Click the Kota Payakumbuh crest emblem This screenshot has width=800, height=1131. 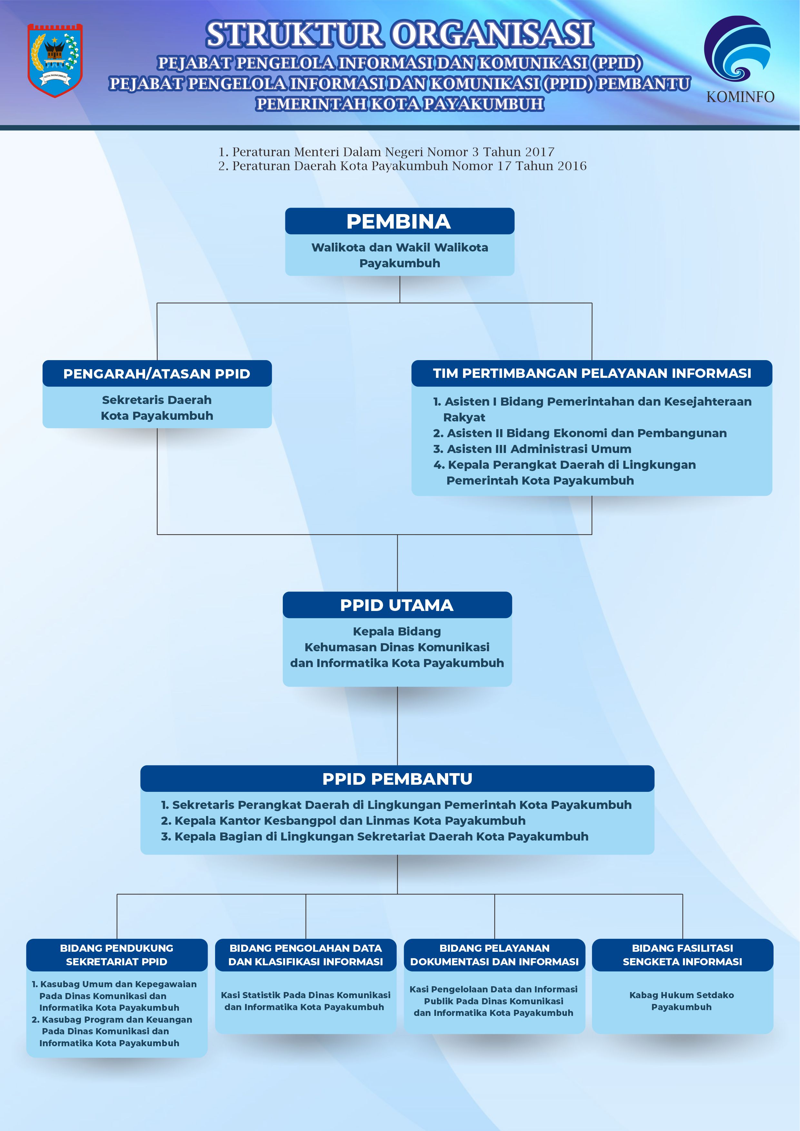[x=55, y=60]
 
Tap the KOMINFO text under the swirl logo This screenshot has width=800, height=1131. [x=740, y=97]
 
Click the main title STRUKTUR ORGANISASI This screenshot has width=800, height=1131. [x=400, y=35]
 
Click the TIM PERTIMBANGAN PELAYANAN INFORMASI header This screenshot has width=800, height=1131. [x=592, y=373]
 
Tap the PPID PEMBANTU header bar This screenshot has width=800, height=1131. [x=397, y=779]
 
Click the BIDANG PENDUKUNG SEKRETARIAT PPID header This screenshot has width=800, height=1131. [x=117, y=955]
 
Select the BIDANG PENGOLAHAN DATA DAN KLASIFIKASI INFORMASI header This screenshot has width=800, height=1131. [x=305, y=955]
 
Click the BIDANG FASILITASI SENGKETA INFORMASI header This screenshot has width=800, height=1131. [x=682, y=955]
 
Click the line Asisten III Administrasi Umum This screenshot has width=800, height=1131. [x=532, y=449]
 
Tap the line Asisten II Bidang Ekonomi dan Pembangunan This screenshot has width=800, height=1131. [x=580, y=433]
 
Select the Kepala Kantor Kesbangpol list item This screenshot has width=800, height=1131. [x=343, y=821]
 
